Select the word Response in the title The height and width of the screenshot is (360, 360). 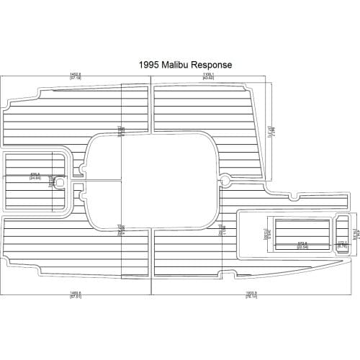[212, 65]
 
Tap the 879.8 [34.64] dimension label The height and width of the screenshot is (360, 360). [35, 175]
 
